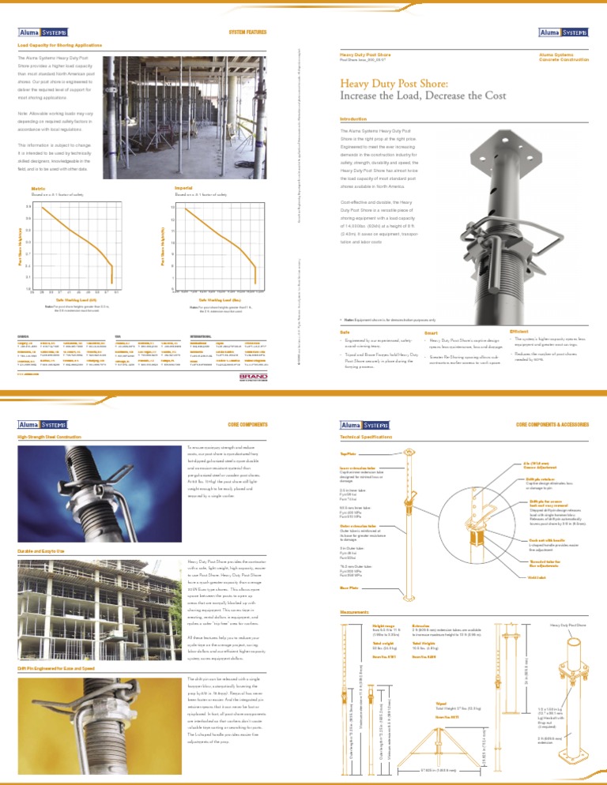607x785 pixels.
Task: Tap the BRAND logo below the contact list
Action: point(255,379)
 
